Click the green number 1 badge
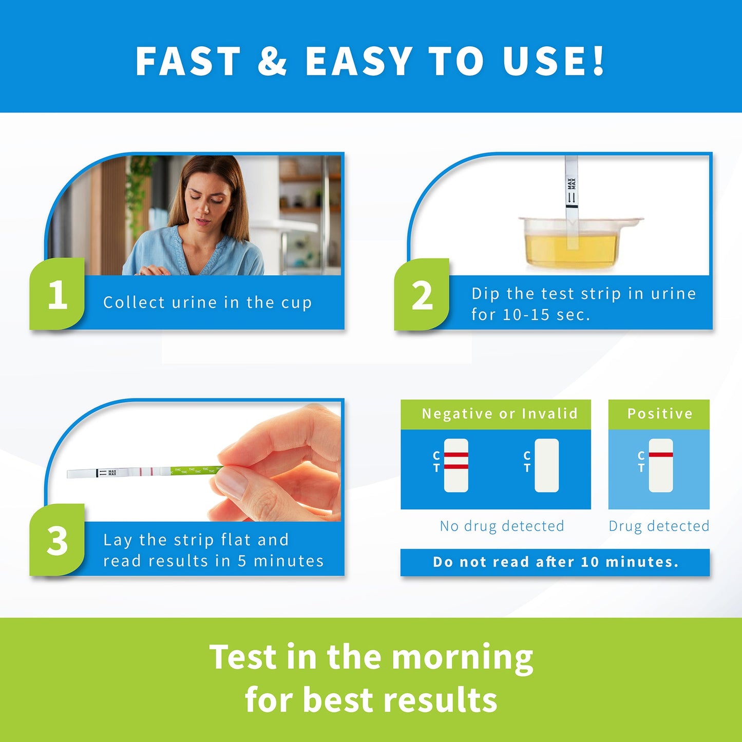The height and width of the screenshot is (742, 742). tap(57, 295)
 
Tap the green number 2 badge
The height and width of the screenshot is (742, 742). tap(422, 295)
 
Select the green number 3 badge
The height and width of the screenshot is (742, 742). tap(57, 541)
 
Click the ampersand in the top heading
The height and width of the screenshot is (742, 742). tap(272, 61)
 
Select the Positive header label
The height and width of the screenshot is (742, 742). tap(659, 414)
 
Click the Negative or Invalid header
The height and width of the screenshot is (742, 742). tap(499, 414)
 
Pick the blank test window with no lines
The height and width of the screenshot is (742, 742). tap(546, 466)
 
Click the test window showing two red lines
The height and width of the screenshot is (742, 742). tap(456, 466)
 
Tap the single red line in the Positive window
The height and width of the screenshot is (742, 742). tap(661, 455)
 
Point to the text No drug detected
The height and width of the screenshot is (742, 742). tap(502, 526)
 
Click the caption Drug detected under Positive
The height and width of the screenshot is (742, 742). tap(659, 526)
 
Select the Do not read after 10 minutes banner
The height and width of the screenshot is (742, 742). tap(555, 562)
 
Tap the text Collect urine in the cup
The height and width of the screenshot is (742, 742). tap(207, 302)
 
